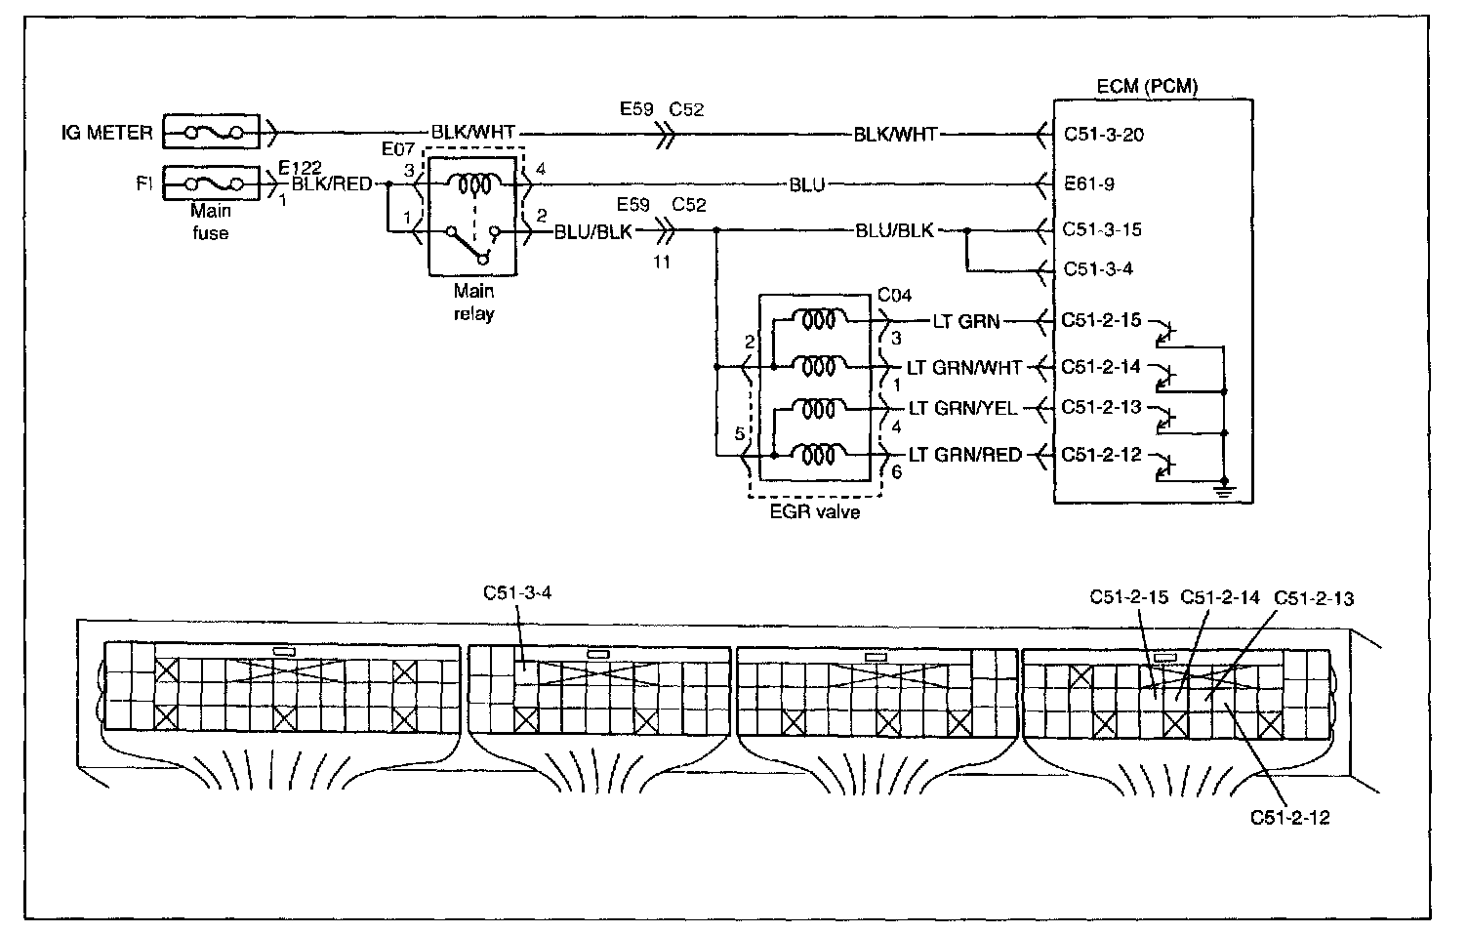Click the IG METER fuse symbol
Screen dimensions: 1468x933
[x=211, y=133]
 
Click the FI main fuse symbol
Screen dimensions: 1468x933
[x=211, y=183]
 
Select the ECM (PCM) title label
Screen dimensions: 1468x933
[x=1147, y=87]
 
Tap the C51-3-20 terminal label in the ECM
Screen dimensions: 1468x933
[x=1104, y=135]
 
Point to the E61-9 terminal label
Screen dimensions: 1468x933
[x=1088, y=184]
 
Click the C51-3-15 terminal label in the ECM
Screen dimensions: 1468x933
[x=1102, y=229]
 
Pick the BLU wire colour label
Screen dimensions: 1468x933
[x=807, y=185]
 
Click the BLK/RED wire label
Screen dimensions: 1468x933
[x=332, y=184]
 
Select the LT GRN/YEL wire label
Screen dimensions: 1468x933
[x=962, y=408]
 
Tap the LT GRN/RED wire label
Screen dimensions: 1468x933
[x=965, y=455]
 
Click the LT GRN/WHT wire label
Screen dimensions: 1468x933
[x=964, y=368]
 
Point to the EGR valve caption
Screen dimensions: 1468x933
[x=815, y=511]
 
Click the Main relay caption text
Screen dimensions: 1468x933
[x=473, y=302]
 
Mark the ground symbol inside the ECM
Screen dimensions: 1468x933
[x=1224, y=490]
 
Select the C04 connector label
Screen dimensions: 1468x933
[x=894, y=296]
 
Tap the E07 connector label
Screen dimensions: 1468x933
[x=398, y=149]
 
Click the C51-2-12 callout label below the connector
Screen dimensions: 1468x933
[x=1289, y=818]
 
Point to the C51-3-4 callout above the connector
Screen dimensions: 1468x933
[x=517, y=592]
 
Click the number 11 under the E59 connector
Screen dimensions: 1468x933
[x=661, y=263]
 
